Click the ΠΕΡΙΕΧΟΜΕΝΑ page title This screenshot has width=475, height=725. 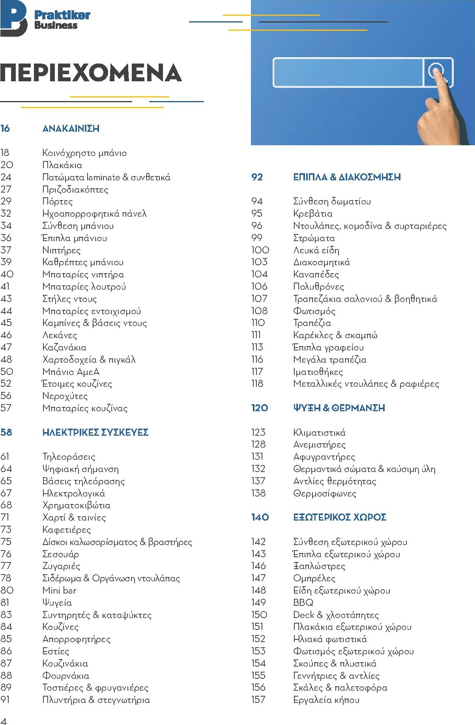91,73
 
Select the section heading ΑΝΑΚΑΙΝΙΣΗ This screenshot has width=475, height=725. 71,129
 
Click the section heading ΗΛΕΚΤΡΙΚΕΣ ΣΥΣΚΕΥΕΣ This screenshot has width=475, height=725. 95,433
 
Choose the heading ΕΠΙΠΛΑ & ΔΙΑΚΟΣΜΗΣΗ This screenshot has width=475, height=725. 347,177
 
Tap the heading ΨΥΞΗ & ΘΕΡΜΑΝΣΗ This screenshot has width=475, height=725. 339,408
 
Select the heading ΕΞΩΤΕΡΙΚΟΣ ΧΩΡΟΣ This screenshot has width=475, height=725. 340,517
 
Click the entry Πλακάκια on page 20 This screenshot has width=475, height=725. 62,165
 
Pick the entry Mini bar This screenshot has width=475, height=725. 59,590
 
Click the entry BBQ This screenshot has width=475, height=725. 303,603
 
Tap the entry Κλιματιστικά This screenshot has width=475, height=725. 319,433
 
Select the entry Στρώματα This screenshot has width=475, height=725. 314,238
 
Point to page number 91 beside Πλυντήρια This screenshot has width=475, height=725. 5,700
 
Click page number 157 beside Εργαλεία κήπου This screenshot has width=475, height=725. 258,700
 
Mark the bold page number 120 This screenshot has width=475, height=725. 259,408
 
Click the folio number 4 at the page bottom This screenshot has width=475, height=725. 4,720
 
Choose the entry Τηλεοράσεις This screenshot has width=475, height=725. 69,457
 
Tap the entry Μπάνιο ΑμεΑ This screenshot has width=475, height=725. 71,372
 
